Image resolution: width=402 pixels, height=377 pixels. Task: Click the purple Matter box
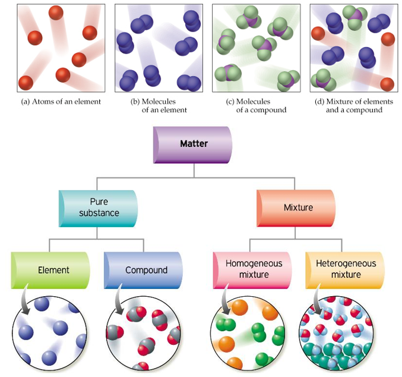point(194,144)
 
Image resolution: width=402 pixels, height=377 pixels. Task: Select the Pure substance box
point(99,208)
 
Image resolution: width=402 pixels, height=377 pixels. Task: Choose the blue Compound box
point(145,270)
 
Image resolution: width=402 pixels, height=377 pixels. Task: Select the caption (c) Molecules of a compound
point(256,105)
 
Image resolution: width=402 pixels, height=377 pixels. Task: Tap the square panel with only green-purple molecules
point(256,48)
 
